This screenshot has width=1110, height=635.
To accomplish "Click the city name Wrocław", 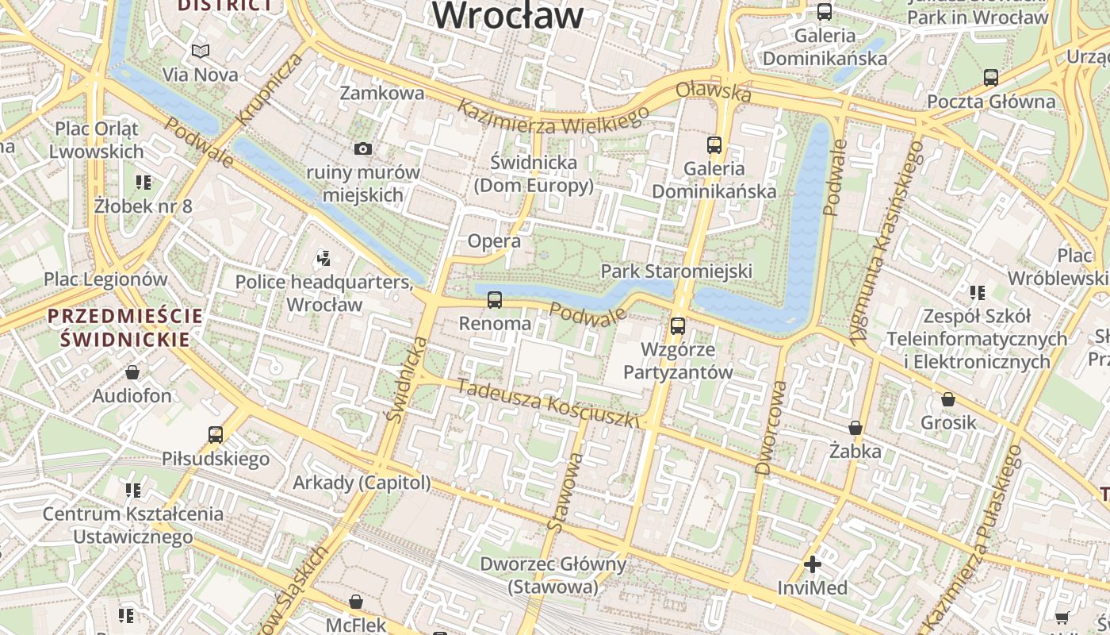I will tap(507, 16).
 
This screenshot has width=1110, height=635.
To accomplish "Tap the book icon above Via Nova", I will tap(201, 52).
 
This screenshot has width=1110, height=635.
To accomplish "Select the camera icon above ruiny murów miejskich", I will tap(363, 148).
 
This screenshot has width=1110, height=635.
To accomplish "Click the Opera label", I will tap(494, 241).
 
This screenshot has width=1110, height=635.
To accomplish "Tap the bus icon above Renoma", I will tap(495, 300).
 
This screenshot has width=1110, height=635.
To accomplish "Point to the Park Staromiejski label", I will tap(676, 271).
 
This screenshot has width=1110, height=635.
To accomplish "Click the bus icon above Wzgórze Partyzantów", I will tap(678, 325).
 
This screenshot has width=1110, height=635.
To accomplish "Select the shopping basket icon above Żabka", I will tap(855, 429).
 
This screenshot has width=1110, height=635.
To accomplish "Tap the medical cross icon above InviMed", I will tap(813, 564).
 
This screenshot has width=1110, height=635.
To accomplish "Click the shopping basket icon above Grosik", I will tap(948, 399).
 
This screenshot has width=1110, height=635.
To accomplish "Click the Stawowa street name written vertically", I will tap(565, 492).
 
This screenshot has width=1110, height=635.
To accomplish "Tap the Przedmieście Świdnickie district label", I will tap(124, 328).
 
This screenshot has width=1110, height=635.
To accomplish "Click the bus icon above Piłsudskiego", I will tap(216, 435).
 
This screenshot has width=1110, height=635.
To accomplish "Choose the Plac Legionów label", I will tap(105, 279).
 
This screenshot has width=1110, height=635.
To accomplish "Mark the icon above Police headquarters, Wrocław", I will tap(323, 257).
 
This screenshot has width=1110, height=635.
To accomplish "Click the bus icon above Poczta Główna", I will tap(990, 78).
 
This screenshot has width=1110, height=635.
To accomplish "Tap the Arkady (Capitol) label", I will tap(362, 483).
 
